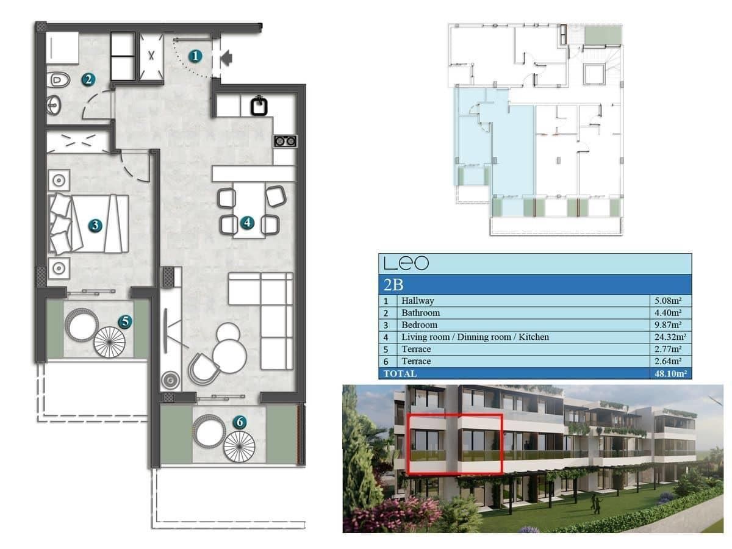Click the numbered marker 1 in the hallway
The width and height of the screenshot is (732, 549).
(195, 57)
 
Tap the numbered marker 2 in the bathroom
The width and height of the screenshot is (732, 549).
(88, 79)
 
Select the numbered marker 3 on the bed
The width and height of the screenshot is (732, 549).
(95, 225)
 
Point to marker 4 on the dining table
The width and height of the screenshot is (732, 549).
(246, 223)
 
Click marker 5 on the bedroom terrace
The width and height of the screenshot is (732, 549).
(124, 321)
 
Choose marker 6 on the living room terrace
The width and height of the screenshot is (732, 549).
(240, 422)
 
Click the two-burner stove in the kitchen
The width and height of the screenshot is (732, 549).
(285, 142)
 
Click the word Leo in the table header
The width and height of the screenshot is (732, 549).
(406, 264)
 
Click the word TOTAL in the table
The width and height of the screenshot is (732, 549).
(400, 373)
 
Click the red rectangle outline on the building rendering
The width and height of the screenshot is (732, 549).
(454, 415)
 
